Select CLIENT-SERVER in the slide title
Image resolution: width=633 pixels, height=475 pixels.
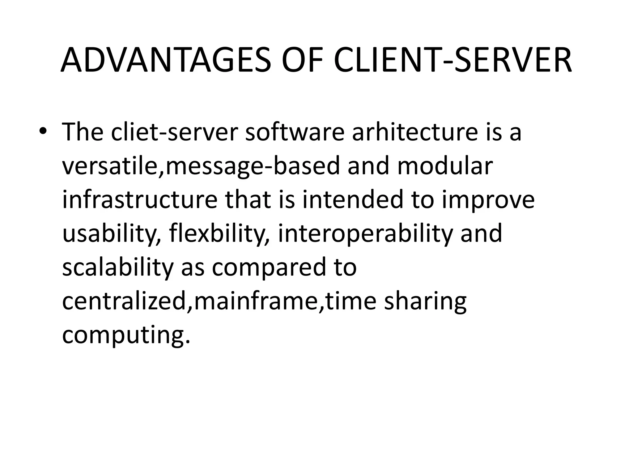[453, 60]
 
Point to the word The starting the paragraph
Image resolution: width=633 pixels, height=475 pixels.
[83, 132]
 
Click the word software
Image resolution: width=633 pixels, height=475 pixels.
[295, 132]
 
